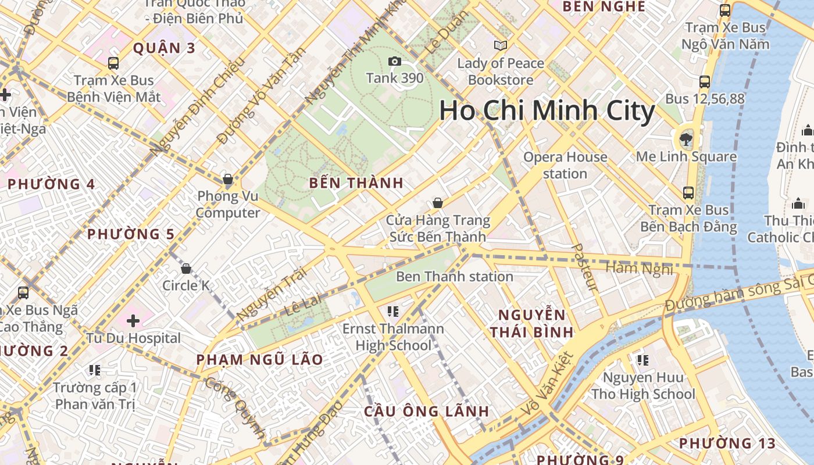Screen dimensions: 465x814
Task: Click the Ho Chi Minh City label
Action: click(547, 110)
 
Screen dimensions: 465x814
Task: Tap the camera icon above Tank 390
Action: click(394, 62)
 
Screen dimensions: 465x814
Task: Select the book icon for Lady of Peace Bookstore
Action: click(500, 45)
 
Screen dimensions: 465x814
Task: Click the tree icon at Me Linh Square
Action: click(686, 139)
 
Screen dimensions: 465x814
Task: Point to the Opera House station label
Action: click(565, 165)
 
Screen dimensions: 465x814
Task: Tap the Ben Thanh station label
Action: click(454, 276)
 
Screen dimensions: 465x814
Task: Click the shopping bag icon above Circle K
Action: click(186, 269)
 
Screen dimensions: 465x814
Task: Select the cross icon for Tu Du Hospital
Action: click(133, 320)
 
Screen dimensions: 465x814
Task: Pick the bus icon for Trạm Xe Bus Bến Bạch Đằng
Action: click(688, 192)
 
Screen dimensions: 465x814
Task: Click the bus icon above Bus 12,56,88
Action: click(705, 82)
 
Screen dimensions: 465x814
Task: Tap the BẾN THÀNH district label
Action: click(356, 183)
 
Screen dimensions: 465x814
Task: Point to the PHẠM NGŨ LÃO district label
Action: click(259, 359)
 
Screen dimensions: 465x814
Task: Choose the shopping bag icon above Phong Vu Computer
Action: click(228, 179)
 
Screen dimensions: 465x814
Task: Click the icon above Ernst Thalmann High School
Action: click(392, 312)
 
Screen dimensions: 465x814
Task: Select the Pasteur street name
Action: click(585, 268)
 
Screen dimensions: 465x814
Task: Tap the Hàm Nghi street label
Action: click(639, 269)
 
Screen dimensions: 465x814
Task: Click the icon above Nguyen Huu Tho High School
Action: click(642, 360)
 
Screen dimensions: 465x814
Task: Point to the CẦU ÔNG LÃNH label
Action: click(426, 412)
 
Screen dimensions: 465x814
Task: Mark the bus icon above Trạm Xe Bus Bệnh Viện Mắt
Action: click(113, 63)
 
